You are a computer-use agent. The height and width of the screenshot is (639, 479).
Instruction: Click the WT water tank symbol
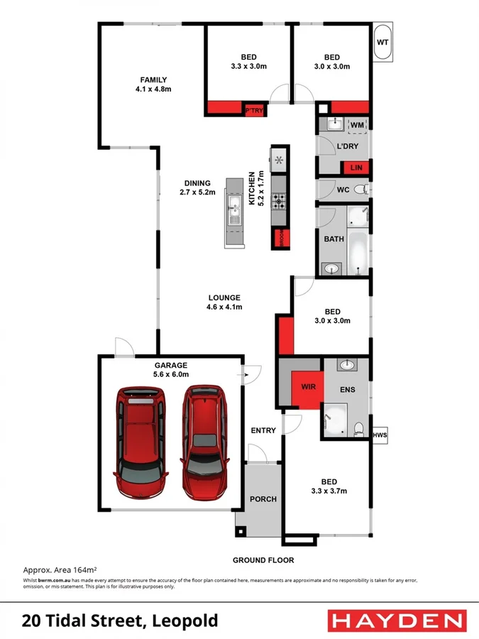(x=382, y=43)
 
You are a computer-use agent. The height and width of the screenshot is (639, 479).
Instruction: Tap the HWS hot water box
(x=380, y=435)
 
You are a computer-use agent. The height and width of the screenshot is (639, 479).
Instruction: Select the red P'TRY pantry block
(x=253, y=110)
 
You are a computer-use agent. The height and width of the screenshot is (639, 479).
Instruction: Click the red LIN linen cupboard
(x=356, y=168)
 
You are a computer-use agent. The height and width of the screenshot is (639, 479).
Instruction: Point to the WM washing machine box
(x=357, y=126)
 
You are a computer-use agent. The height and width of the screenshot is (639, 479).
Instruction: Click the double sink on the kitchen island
(x=233, y=211)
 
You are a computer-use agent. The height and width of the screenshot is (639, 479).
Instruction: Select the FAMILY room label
(x=153, y=84)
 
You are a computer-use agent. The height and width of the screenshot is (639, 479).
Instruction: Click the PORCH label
(x=263, y=499)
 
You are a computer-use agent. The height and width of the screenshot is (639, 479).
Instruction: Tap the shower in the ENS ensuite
(x=334, y=421)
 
